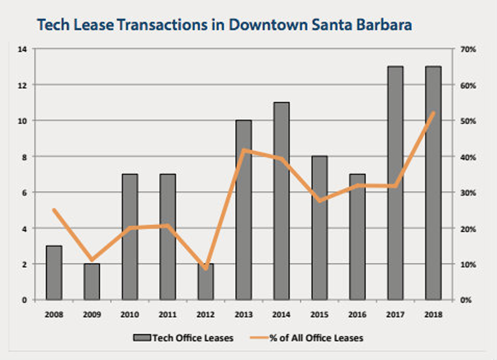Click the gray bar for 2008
(x=54, y=273)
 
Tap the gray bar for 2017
(x=395, y=183)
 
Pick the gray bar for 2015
(x=320, y=228)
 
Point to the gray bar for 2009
(x=91, y=282)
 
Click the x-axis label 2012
(x=206, y=314)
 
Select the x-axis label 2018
(x=433, y=314)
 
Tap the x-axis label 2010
(x=130, y=314)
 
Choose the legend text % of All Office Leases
(x=316, y=338)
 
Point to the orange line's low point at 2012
(x=206, y=268)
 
